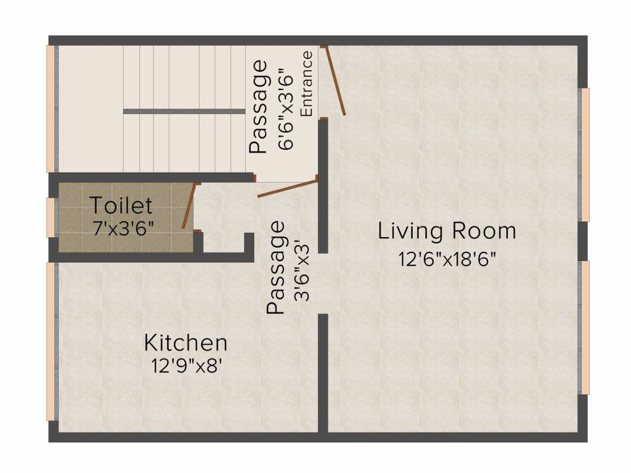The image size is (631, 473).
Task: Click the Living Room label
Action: (447, 232)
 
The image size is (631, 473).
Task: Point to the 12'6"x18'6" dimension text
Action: (447, 258)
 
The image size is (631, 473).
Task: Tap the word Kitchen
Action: (185, 342)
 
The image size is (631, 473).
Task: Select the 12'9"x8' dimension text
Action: (186, 366)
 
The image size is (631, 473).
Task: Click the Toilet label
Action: (121, 204)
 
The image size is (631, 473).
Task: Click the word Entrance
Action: (306, 84)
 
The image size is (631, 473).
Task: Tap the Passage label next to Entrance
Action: (259, 106)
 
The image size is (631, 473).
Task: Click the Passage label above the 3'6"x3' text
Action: (277, 267)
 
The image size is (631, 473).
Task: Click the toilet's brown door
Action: (189, 206)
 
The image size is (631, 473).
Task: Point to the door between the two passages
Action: (287, 187)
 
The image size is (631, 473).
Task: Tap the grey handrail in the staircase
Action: (184, 111)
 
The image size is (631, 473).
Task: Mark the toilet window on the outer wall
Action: (51, 217)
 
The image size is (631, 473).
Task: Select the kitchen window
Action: (51, 342)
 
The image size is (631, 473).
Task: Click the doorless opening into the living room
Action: (322, 284)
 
